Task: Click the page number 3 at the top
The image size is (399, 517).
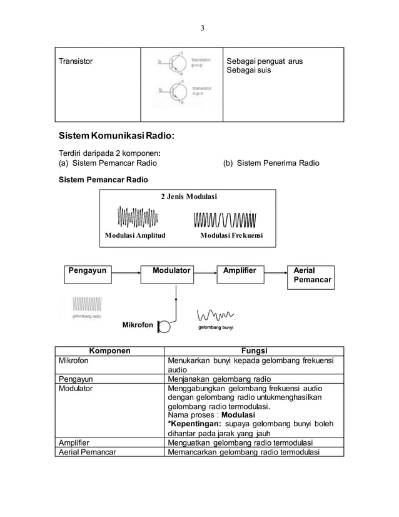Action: (202, 28)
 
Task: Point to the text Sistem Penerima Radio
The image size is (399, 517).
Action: (271, 163)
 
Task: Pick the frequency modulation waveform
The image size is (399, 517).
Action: (225, 221)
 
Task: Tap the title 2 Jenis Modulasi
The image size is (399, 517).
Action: (189, 197)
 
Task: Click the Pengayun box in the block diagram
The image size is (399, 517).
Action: (87, 270)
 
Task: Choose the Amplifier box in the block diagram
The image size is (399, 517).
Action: (240, 270)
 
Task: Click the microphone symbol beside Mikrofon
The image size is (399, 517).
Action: (164, 326)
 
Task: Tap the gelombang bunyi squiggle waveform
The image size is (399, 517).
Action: (215, 315)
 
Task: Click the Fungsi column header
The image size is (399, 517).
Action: (254, 351)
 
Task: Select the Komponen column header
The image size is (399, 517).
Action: (109, 351)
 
